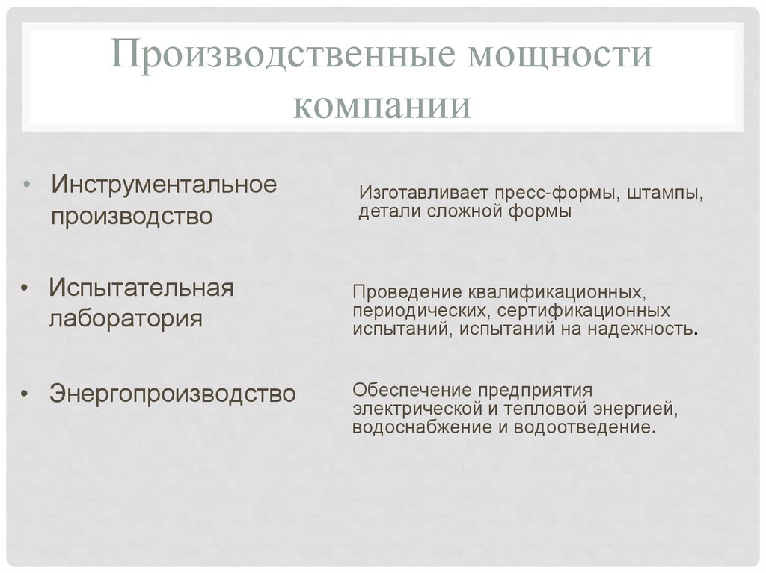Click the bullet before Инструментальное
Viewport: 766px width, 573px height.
[x=28, y=185]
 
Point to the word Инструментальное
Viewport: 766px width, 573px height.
[x=164, y=185]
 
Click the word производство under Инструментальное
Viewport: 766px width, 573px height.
[x=132, y=217]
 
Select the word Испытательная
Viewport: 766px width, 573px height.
[x=141, y=288]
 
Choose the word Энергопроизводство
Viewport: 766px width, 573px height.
[x=173, y=394]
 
